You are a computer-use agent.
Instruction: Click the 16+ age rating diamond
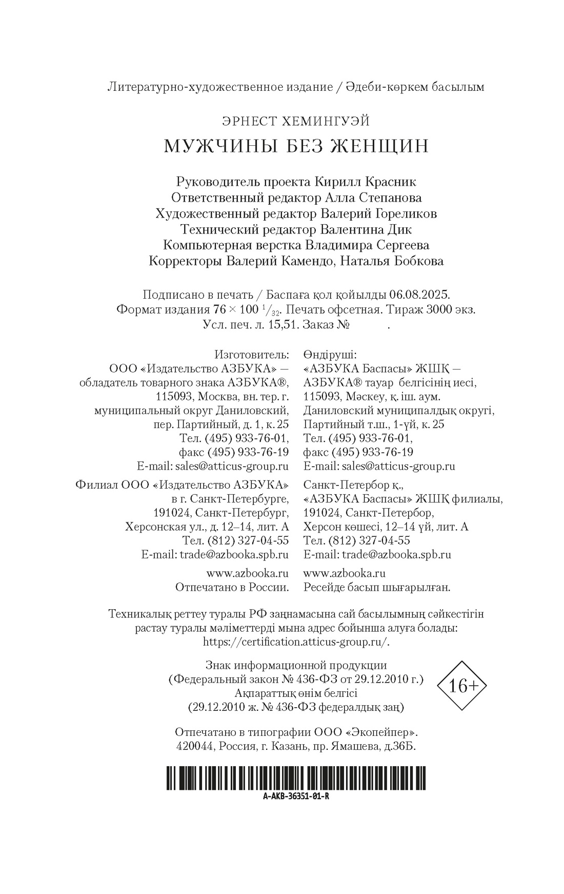click(x=461, y=686)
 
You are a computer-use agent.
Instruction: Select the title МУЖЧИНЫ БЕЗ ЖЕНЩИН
click(x=296, y=146)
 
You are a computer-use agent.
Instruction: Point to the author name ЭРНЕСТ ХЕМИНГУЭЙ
click(x=296, y=121)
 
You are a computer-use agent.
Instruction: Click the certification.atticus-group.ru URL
click(x=296, y=642)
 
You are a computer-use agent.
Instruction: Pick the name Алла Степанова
click(x=374, y=198)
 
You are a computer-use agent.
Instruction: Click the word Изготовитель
click(x=252, y=355)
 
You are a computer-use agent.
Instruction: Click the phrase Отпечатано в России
click(x=232, y=587)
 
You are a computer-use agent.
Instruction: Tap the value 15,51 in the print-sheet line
click(x=285, y=325)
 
